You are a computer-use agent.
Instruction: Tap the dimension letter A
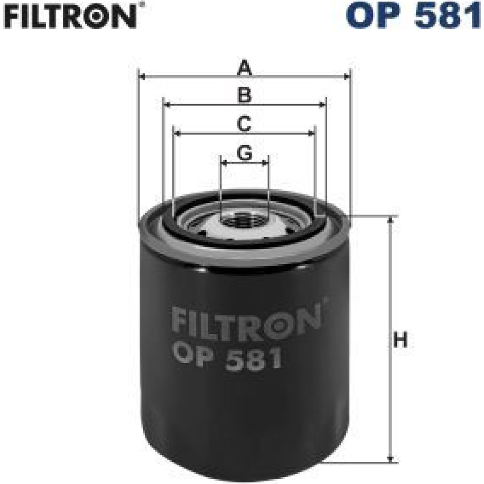tap(244, 68)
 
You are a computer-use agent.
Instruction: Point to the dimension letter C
tap(244, 124)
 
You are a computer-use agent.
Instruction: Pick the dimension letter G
tap(244, 153)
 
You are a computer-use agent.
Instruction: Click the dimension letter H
tap(400, 339)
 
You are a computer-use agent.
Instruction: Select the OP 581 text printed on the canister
tap(227, 358)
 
